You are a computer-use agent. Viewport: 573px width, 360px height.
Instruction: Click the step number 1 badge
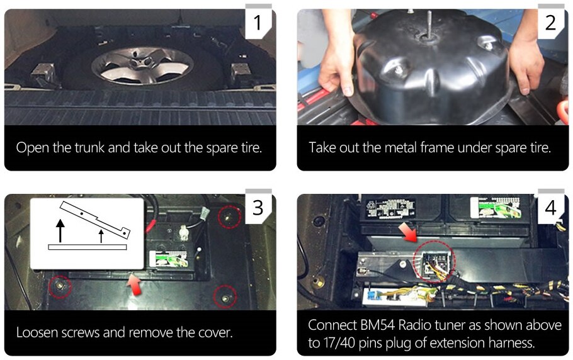click(258, 22)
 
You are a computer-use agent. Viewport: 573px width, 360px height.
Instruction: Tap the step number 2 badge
click(550, 22)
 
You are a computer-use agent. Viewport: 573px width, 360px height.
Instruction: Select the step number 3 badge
click(258, 207)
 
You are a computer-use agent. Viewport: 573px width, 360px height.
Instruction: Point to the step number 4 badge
click(550, 207)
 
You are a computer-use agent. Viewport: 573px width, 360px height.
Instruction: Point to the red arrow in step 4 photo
click(408, 233)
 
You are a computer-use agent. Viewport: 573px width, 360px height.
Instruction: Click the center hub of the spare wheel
click(140, 60)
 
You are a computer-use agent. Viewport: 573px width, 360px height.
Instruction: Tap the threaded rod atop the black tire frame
click(429, 24)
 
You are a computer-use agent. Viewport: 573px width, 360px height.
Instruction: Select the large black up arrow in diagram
click(60, 231)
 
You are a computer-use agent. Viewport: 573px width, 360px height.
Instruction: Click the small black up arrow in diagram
click(101, 236)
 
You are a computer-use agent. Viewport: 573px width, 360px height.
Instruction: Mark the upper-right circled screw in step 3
click(229, 217)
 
